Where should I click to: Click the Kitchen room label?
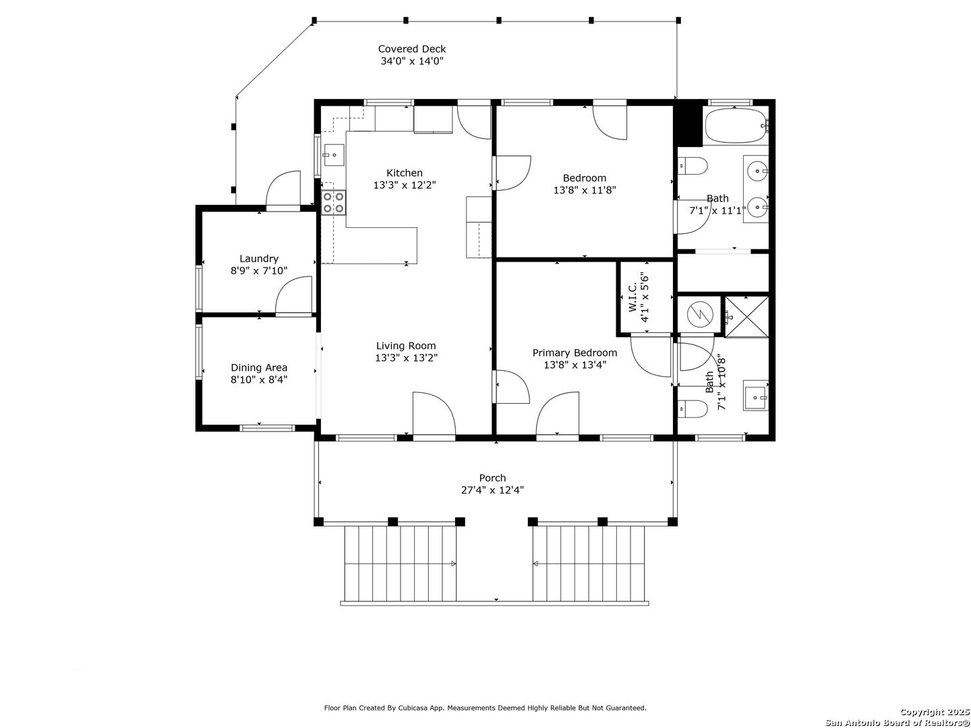tap(405, 173)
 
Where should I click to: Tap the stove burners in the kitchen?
tap(333, 202)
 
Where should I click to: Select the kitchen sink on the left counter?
tap(334, 155)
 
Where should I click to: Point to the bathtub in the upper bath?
tap(736, 125)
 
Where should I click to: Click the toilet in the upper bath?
tap(693, 166)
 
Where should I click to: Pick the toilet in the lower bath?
tap(693, 409)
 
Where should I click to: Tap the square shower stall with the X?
tap(746, 317)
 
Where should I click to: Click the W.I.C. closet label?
tap(632, 297)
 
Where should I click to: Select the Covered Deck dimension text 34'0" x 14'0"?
tap(412, 61)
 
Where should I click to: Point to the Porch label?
tap(492, 478)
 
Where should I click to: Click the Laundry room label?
tap(259, 259)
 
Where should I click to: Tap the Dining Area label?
tap(259, 367)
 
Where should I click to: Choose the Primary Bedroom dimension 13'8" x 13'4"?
tap(575, 365)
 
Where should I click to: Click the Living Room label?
tap(406, 346)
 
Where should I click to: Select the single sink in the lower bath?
tap(755, 395)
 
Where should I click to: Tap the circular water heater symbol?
tap(701, 314)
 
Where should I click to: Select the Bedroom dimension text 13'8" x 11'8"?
tap(585, 190)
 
